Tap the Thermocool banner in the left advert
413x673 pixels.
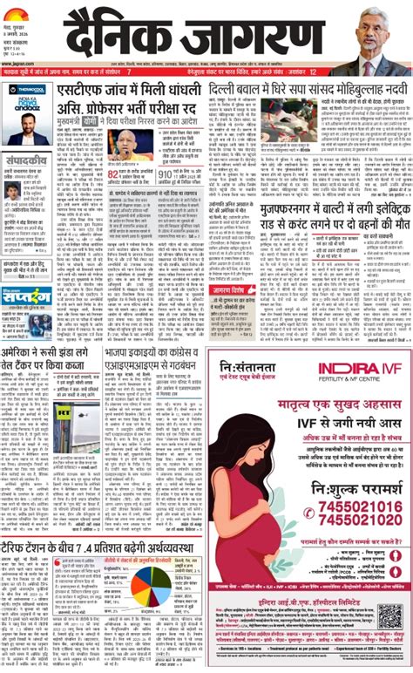coord(27,90)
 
